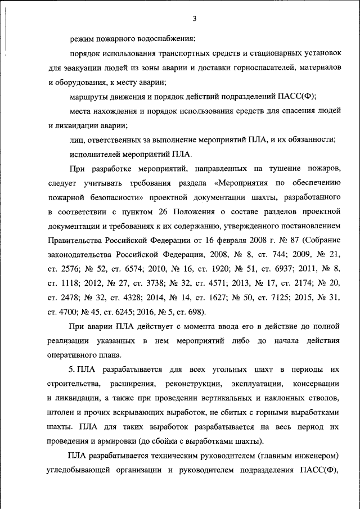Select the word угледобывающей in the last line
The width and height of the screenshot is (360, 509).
83,470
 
